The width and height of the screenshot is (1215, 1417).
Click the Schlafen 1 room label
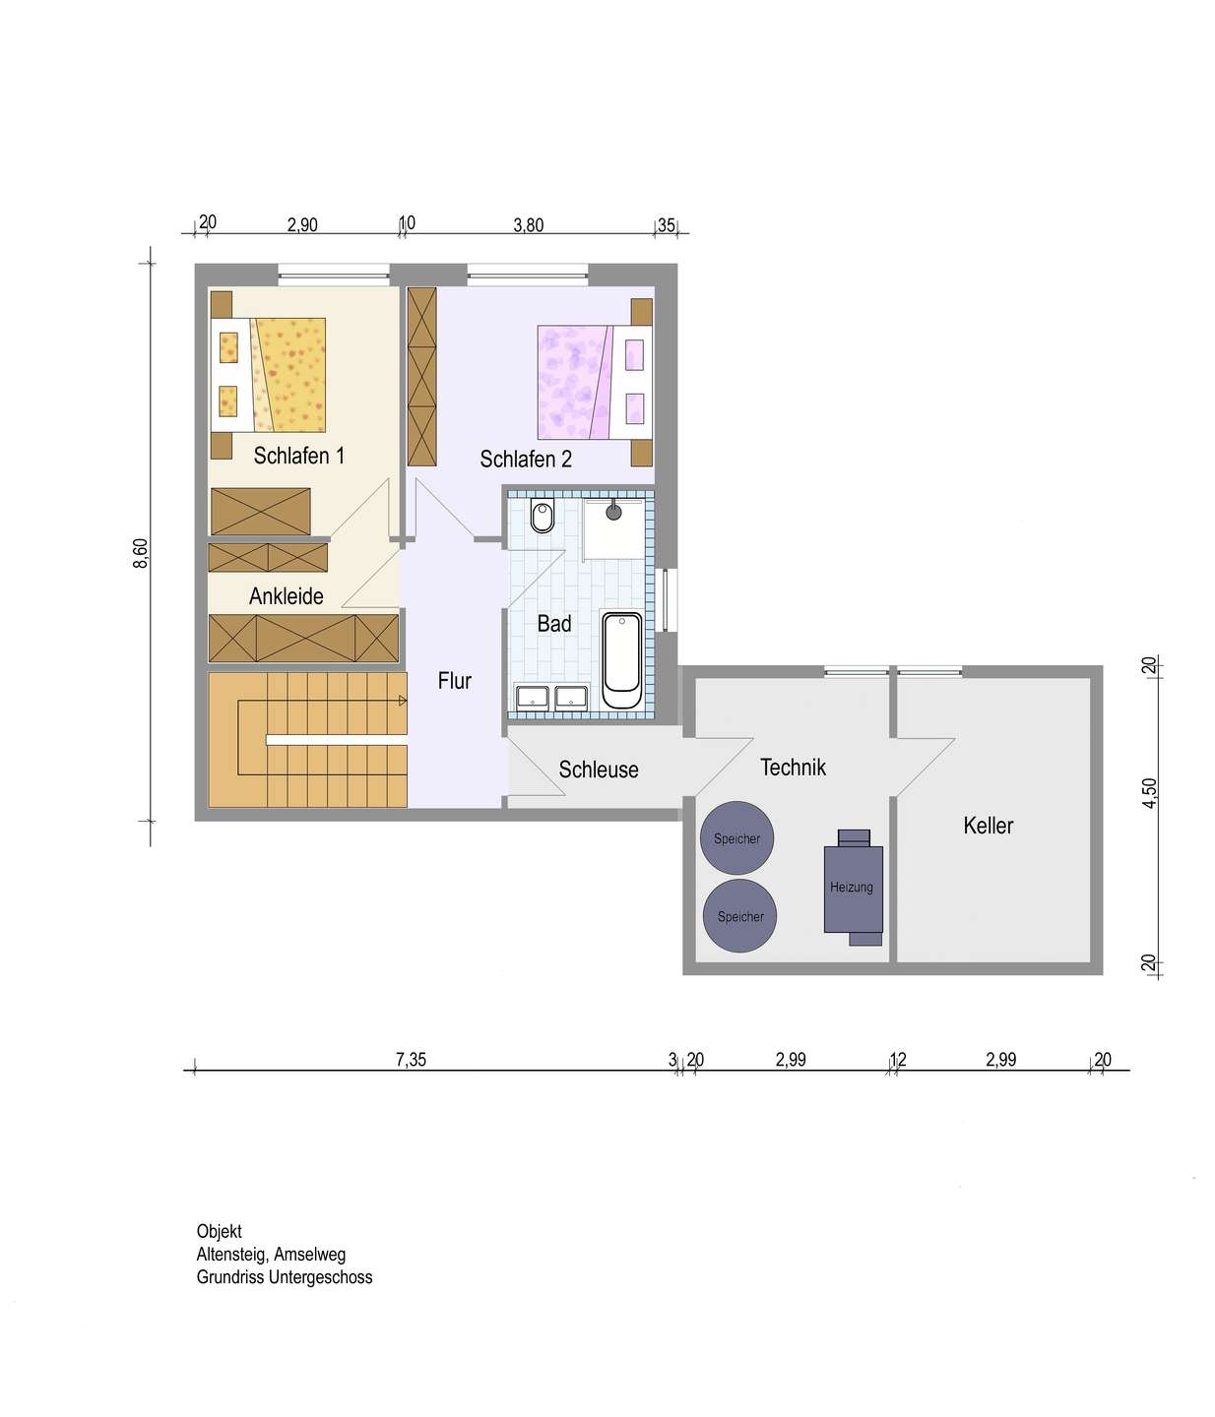tap(298, 456)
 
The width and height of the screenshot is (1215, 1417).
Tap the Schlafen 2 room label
tap(526, 459)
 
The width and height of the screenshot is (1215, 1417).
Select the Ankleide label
tap(287, 595)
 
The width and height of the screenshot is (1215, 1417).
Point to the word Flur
tap(454, 680)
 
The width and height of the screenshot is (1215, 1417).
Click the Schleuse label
tap(599, 770)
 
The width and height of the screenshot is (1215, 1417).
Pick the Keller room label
tap(988, 825)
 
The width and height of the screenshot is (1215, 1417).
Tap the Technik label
tap(793, 767)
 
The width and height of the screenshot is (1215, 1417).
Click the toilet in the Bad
tap(542, 517)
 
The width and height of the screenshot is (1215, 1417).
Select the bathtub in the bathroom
tap(621, 660)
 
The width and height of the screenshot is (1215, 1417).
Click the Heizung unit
tap(853, 887)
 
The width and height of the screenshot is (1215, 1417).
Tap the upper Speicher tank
tap(736, 837)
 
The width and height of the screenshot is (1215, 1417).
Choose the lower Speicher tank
tap(740, 916)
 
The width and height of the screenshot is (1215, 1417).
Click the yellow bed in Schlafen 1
tap(268, 374)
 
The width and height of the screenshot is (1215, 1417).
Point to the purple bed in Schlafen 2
tap(594, 382)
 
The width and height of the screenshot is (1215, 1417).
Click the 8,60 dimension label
tap(140, 553)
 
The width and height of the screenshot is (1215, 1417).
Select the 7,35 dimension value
tap(411, 1059)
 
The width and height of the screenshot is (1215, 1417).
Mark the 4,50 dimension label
tap(1149, 793)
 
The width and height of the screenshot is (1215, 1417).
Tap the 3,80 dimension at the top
tap(529, 225)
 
